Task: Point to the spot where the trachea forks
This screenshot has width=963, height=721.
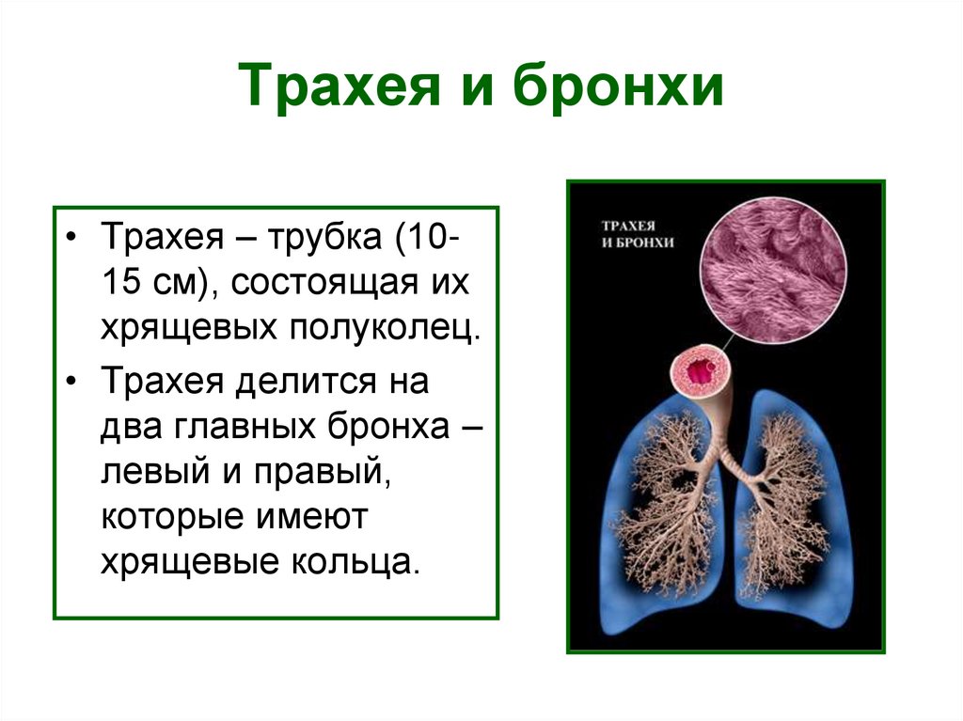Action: pyautogui.click(x=723, y=461)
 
